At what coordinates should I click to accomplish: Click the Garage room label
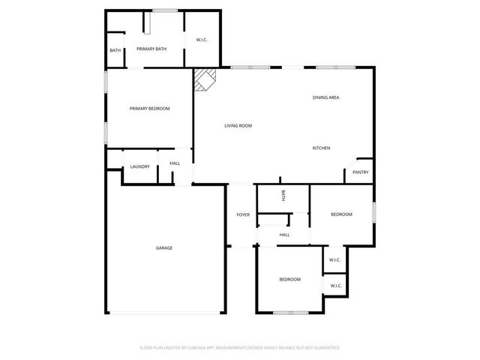164,247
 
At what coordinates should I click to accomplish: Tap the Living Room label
238,125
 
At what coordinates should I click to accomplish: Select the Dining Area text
327,97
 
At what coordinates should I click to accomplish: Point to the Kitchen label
321,148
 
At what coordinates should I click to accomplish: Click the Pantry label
360,172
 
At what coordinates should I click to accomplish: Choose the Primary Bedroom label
149,109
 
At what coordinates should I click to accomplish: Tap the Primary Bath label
151,49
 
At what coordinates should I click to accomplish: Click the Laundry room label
140,166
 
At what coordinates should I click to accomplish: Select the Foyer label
243,215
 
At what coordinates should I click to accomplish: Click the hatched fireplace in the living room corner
204,79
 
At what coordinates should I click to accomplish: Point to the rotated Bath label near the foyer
283,196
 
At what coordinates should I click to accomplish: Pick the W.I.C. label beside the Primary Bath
202,40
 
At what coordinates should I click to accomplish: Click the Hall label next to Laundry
175,163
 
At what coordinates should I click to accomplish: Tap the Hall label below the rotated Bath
285,235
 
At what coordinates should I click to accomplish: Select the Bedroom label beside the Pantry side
341,215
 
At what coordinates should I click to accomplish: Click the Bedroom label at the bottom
289,280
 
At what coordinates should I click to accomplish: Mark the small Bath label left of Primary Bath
115,50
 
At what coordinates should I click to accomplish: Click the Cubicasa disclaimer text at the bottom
240,347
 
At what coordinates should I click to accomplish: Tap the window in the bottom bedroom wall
289,312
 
